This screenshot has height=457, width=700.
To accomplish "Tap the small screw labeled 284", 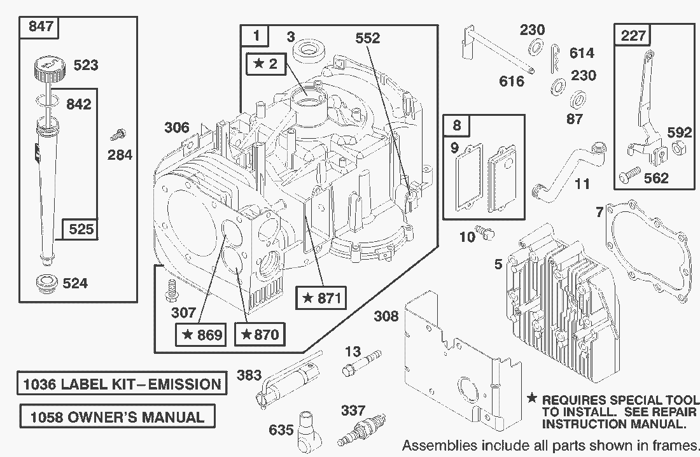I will (x=118, y=134).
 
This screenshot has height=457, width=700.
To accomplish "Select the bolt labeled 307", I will (x=170, y=290).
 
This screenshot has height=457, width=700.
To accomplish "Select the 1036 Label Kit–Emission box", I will (x=122, y=384).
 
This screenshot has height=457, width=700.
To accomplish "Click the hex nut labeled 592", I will (x=678, y=149).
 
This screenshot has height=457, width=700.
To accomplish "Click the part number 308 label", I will (x=386, y=316).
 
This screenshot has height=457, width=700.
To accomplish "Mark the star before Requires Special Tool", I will (x=532, y=399).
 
